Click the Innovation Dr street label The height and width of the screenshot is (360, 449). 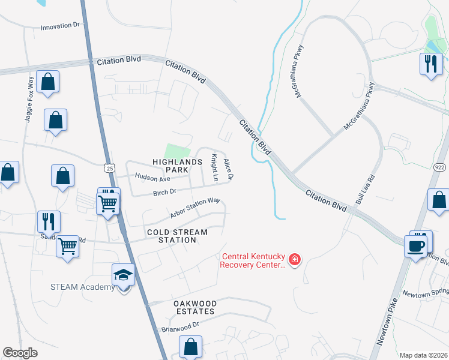(60, 27)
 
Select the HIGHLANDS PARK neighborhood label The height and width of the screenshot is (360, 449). (177, 166)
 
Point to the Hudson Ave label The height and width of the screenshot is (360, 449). (152, 178)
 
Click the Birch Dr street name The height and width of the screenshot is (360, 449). (164, 192)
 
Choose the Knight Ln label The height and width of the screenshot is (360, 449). (213, 167)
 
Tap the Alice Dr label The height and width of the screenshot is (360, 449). (228, 169)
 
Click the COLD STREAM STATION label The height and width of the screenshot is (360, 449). (177, 236)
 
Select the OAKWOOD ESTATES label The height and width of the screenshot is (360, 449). (194, 308)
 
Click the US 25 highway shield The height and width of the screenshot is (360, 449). (108, 168)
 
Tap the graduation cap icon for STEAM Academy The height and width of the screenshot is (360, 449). (123, 275)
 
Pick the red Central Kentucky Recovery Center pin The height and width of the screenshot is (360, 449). (294, 260)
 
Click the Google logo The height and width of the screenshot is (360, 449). (20, 353)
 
